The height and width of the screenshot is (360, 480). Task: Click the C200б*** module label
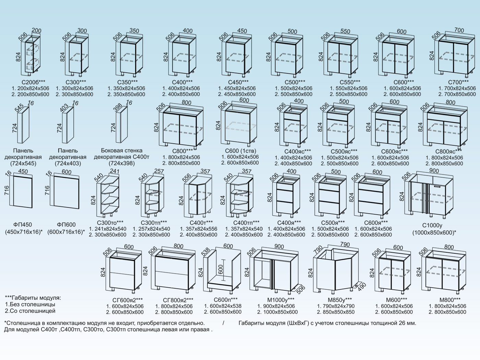click(x=33, y=82)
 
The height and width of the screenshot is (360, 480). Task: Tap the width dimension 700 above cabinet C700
click(x=459, y=31)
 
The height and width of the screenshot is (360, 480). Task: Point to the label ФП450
click(x=23, y=225)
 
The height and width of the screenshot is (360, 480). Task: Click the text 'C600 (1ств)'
click(x=241, y=151)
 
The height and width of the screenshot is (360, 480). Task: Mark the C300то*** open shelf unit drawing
click(x=109, y=198)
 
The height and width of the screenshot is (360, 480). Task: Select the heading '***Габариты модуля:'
click(x=33, y=298)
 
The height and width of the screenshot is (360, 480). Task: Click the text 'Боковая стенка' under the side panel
click(x=122, y=151)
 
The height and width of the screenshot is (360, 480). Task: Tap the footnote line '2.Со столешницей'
click(x=30, y=311)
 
